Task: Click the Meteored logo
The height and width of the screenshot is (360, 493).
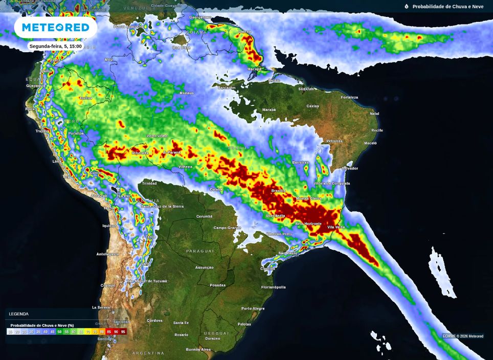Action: click(x=55, y=27)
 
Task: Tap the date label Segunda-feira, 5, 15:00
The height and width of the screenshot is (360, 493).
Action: click(x=55, y=46)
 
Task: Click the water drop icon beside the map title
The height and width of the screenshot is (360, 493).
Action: click(x=407, y=7)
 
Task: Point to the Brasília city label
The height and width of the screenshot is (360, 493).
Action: click(x=278, y=190)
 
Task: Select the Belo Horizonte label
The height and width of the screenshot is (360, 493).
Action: click(x=309, y=223)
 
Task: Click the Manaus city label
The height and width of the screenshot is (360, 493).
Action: click(x=187, y=93)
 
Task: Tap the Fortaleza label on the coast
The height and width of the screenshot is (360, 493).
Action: click(x=349, y=97)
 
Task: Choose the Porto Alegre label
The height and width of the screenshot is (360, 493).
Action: click(x=253, y=308)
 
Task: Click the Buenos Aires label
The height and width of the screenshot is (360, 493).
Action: click(x=198, y=349)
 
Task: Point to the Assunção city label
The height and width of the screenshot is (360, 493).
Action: click(x=204, y=267)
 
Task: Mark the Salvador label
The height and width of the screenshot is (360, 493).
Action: click(x=350, y=168)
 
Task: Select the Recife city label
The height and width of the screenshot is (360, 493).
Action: click(x=377, y=130)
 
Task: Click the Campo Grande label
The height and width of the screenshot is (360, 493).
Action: click(x=227, y=228)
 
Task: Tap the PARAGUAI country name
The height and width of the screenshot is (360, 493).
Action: click(x=199, y=251)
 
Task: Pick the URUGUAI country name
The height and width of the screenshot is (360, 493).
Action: click(x=216, y=333)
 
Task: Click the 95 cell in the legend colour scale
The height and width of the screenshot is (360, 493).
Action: click(x=123, y=332)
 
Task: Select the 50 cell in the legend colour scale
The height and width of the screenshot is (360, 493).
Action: click(x=59, y=332)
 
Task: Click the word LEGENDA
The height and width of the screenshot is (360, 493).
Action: click(x=19, y=314)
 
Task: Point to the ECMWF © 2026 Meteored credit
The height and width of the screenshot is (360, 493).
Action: click(x=463, y=336)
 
